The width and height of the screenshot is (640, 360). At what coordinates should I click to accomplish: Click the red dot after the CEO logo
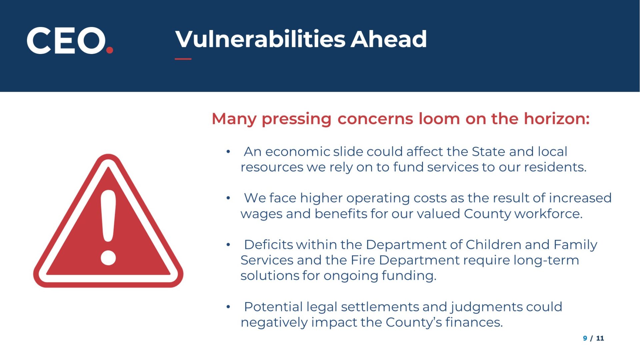(x=109, y=50)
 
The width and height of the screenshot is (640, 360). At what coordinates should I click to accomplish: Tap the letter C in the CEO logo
(x=39, y=40)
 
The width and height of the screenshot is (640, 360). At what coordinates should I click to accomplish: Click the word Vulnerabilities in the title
(x=260, y=39)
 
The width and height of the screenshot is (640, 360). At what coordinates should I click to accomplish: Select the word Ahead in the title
(x=389, y=39)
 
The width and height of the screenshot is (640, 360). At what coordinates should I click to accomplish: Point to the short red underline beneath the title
(x=183, y=59)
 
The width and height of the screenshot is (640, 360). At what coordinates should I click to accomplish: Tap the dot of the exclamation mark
(x=108, y=258)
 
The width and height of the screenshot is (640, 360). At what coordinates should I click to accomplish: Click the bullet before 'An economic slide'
(x=228, y=152)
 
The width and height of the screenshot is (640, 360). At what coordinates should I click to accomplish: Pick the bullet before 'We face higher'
(x=228, y=198)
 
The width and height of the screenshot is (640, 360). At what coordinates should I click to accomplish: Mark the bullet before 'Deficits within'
(x=228, y=245)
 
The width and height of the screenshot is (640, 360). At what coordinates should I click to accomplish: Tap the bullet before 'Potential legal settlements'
(x=228, y=307)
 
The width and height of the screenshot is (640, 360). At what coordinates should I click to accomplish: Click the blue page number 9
(x=585, y=338)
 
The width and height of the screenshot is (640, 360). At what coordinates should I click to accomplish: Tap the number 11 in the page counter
(x=600, y=338)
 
